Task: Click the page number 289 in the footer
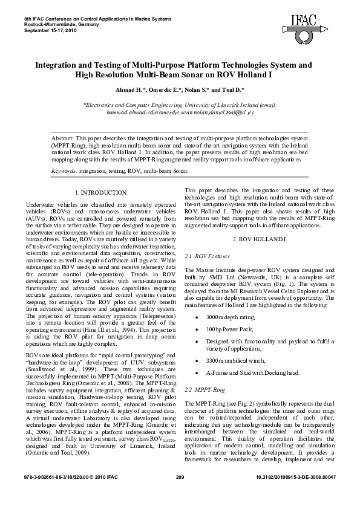pos(180,493)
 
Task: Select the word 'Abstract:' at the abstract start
pos(63,138)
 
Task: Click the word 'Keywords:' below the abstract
pos(64,171)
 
